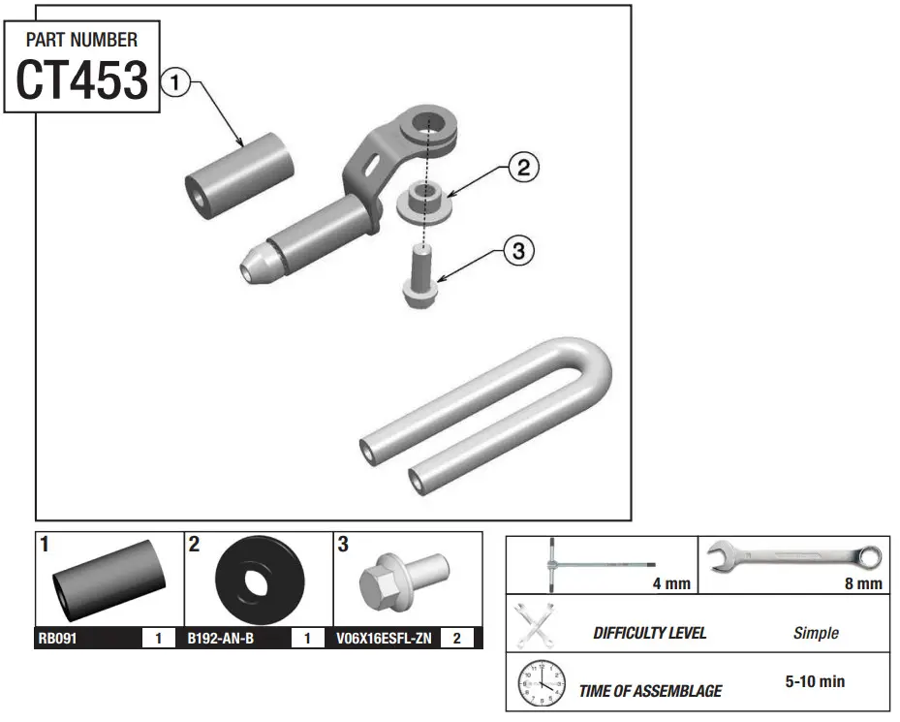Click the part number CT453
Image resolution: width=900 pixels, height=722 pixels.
point(82,80)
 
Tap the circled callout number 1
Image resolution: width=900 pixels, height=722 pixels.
point(174,82)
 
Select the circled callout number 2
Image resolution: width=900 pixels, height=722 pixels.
point(522,168)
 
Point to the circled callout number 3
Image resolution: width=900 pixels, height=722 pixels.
point(518,251)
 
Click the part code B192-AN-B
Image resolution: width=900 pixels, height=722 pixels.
point(221,639)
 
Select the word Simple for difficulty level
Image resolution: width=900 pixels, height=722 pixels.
point(816,633)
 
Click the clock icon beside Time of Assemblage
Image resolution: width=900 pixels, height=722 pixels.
point(541,683)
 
